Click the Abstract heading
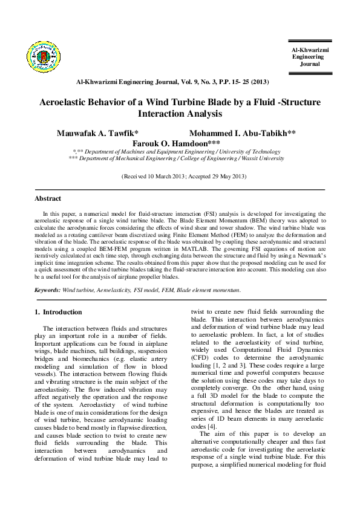pyautogui.click(x=47, y=198)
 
